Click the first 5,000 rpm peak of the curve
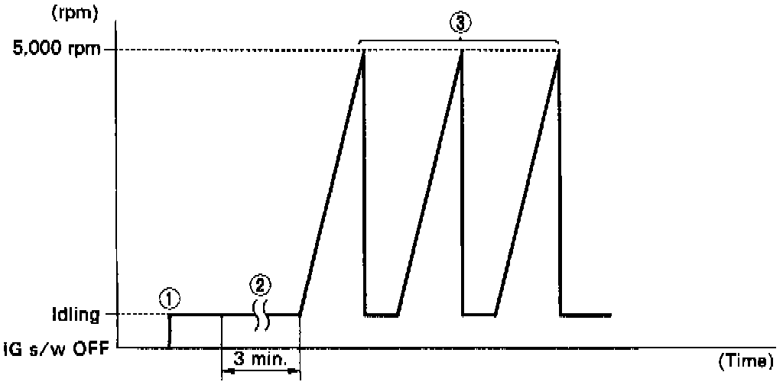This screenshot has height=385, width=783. pyautogui.click(x=362, y=50)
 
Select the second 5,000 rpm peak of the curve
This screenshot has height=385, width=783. pyautogui.click(x=462, y=50)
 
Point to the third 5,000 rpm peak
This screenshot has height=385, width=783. pyautogui.click(x=560, y=50)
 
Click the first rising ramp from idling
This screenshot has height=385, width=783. pyautogui.click(x=330, y=183)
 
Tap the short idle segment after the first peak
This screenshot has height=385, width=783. pyautogui.click(x=381, y=314)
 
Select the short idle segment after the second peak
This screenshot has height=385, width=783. pyautogui.click(x=479, y=314)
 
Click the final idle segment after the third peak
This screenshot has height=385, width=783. pyautogui.click(x=586, y=314)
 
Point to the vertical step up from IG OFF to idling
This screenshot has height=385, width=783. pyautogui.click(x=169, y=330)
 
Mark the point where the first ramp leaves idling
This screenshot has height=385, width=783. pyautogui.click(x=299, y=314)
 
